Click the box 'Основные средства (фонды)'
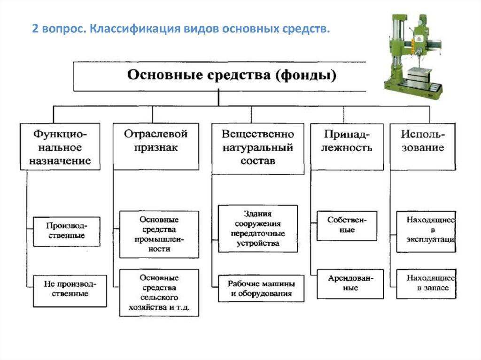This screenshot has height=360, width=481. pyautogui.click(x=220, y=77)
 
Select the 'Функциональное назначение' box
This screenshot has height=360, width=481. pyautogui.click(x=60, y=146)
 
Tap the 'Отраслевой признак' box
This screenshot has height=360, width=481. pyautogui.click(x=156, y=146)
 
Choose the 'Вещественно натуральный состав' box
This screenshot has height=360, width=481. pyautogui.click(x=258, y=149)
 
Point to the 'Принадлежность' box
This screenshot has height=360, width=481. pyautogui.click(x=347, y=146)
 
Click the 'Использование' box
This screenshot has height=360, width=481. pyautogui.click(x=423, y=146)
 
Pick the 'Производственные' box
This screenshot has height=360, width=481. pyautogui.click(x=67, y=231)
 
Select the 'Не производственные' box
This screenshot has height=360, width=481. pyautogui.click(x=70, y=291)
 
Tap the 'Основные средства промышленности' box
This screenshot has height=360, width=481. pyautogui.click(x=159, y=234)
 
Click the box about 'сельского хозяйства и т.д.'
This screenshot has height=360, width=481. pyautogui.click(x=159, y=292)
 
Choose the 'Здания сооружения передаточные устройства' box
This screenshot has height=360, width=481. pyautogui.click(x=258, y=229)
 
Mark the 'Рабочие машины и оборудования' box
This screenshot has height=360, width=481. pyautogui.click(x=261, y=289)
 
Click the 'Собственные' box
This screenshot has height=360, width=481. pyautogui.click(x=347, y=226)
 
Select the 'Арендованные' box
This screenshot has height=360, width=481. pyautogui.click(x=350, y=284)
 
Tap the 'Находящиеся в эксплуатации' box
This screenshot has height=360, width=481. pyautogui.click(x=426, y=231)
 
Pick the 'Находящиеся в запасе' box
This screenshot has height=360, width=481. pyautogui.click(x=426, y=284)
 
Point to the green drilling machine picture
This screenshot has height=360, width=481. pyautogui.click(x=414, y=56)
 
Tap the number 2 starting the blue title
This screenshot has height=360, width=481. pyautogui.click(x=35, y=29)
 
